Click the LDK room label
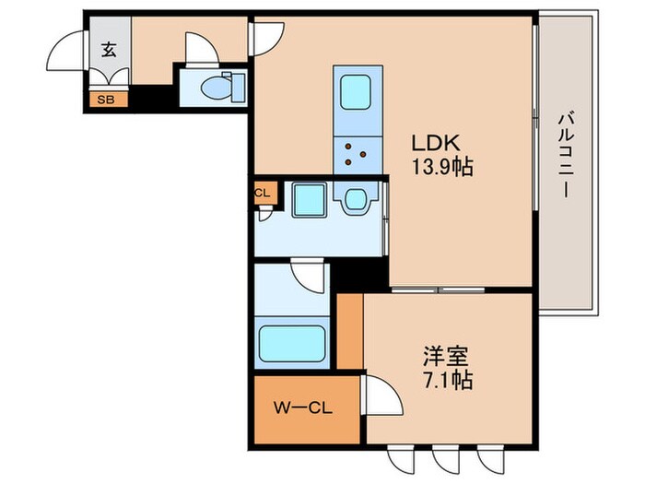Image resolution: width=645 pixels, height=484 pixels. [x=436, y=143]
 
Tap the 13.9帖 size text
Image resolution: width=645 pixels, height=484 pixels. [x=442, y=167]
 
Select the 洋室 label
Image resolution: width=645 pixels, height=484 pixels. [x=447, y=357]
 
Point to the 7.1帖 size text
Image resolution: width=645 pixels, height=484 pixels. [x=449, y=381]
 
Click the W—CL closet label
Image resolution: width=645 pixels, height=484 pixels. [x=303, y=408]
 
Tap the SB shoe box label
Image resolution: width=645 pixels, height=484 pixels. [x=106, y=100]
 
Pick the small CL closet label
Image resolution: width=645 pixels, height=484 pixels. [x=263, y=193]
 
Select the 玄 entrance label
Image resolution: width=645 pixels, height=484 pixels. [x=109, y=50]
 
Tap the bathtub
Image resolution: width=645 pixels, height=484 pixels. [x=292, y=344]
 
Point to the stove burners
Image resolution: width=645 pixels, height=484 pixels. [x=354, y=154]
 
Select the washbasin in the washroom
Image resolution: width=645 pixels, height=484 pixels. [x=356, y=200]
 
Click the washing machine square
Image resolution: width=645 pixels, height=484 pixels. [x=310, y=200]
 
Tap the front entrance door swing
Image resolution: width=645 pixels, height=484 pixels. [x=65, y=50]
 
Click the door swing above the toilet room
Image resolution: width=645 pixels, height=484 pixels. [x=202, y=49]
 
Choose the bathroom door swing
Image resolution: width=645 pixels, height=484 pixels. [x=307, y=276]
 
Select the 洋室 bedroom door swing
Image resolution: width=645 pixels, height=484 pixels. [x=381, y=395]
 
